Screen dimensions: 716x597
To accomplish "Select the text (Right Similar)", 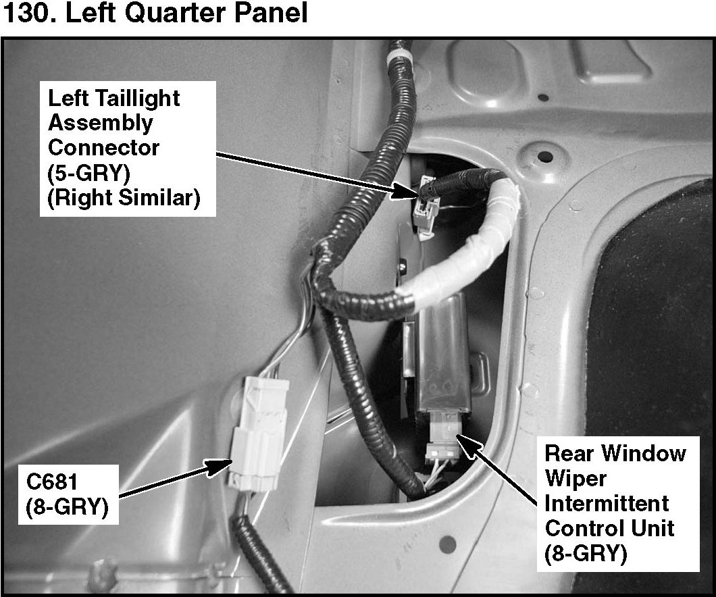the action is point(124,198).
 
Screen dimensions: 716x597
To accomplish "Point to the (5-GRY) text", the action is point(88,172).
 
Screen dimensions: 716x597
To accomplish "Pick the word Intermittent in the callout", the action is point(607,503).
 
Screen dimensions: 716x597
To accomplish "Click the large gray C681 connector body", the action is point(259,434).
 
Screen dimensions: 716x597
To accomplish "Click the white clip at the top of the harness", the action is point(399,60).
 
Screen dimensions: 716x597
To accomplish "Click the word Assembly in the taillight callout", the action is point(101,124).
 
